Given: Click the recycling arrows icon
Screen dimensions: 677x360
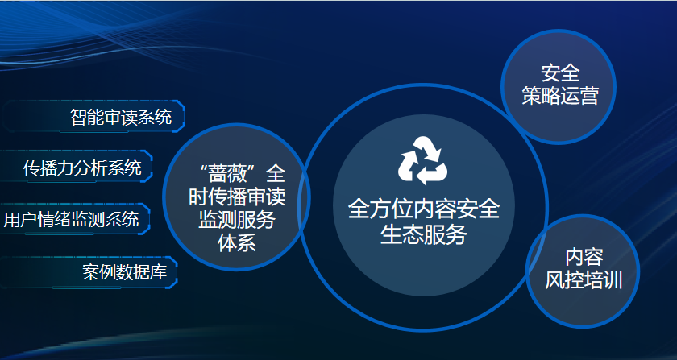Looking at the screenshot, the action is [422, 160].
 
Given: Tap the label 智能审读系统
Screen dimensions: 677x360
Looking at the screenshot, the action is [121, 117].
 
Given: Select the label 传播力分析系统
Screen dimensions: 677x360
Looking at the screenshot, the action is [82, 168].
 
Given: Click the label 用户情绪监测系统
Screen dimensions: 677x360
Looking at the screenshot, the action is [71, 219].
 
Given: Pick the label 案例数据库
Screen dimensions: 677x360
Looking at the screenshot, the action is [124, 272].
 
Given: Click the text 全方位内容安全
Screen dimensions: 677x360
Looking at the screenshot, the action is [424, 209].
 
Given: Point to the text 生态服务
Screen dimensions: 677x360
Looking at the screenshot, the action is [424, 235].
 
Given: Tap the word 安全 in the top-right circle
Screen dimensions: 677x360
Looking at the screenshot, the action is [560, 73].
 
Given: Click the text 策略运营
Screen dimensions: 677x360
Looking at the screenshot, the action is [560, 95].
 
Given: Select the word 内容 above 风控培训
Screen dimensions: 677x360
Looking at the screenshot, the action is [584, 258].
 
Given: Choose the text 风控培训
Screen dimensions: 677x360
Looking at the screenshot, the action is [584, 279].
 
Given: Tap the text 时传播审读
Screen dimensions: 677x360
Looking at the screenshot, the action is [237, 197].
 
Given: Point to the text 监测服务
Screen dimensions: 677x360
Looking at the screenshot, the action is [237, 220].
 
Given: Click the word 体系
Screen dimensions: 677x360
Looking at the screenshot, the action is [237, 242].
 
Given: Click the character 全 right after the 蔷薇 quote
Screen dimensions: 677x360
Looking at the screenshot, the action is [276, 174].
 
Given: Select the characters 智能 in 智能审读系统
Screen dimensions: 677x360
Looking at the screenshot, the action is [87, 117].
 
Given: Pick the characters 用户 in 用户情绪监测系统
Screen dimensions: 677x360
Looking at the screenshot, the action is [20, 219].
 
